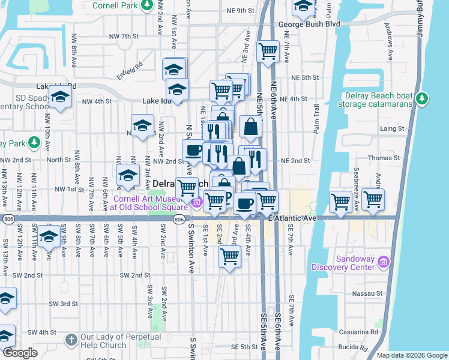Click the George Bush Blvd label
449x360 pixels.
(309, 25)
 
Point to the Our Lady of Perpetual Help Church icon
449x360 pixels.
(71, 340)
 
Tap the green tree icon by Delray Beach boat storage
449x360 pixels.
(423, 98)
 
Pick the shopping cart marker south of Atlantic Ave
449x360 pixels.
(230, 256)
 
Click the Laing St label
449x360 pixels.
(391, 128)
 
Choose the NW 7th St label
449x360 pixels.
(124, 37)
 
